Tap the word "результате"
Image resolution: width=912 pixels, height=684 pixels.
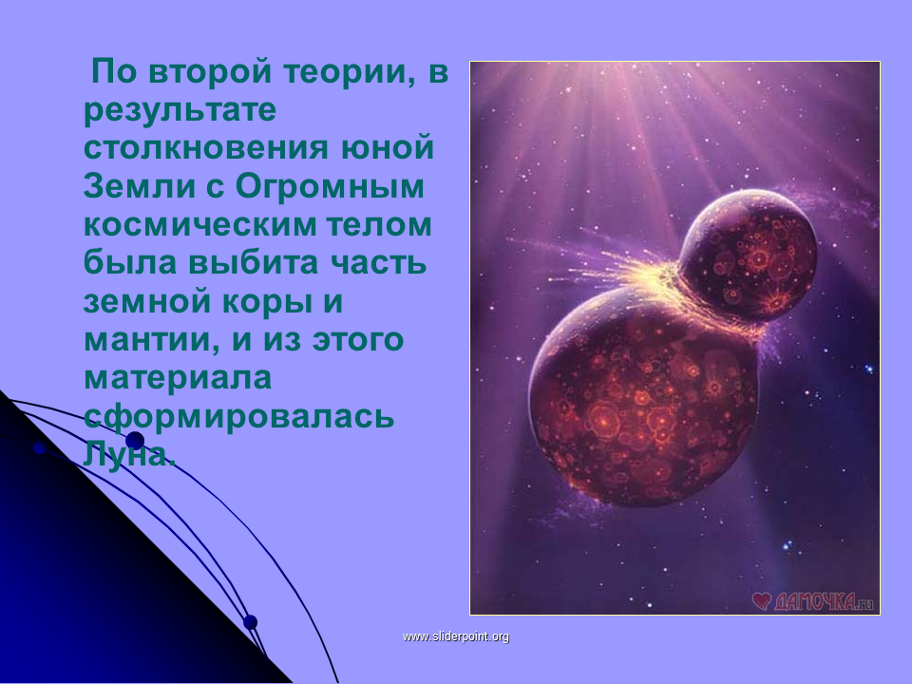[180, 110]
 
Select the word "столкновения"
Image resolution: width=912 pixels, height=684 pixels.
[206, 148]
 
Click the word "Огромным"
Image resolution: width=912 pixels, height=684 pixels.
[330, 187]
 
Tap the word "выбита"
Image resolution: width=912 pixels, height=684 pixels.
[253, 262]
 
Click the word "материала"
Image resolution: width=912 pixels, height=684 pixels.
[178, 378]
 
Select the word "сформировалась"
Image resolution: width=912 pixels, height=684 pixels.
[239, 417]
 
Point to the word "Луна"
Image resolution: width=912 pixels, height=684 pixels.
[129, 455]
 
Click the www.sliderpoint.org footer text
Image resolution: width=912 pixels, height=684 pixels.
[456, 636]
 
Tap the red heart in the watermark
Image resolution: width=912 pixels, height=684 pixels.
[761, 600]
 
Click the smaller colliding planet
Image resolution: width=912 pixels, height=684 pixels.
[750, 255]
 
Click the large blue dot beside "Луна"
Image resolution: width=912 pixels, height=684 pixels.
[135, 440]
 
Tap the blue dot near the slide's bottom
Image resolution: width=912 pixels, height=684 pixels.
[250, 621]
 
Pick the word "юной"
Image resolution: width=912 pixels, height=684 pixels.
[387, 148]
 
